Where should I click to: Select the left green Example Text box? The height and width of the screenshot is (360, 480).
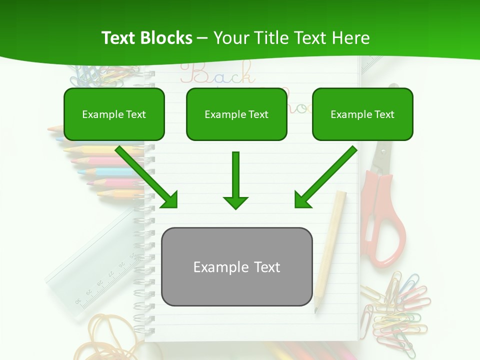(x=114, y=114)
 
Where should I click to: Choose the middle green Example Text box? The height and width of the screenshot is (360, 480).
(x=236, y=114)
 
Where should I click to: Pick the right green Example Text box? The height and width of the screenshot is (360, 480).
(x=362, y=114)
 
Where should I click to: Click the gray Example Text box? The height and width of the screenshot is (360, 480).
(x=236, y=267)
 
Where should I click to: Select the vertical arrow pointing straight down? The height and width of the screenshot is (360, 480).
(x=235, y=180)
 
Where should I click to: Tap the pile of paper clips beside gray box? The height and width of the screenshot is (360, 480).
(x=395, y=305)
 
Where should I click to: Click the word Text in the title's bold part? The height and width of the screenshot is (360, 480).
(x=118, y=38)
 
